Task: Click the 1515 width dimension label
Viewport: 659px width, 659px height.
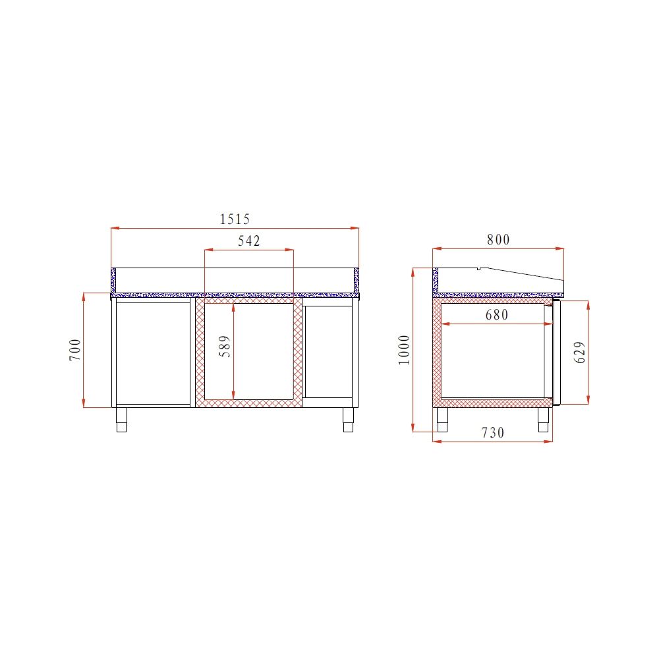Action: (236, 219)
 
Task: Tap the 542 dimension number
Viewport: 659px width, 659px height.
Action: (249, 241)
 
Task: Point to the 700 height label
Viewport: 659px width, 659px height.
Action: (75, 349)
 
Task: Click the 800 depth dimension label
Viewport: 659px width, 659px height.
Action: (498, 240)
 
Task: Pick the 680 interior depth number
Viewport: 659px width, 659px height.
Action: (497, 315)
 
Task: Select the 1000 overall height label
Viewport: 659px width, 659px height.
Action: (405, 349)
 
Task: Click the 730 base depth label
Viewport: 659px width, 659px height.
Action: (492, 433)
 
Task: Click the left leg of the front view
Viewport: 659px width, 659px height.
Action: (122, 420)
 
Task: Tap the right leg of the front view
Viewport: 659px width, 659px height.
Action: (348, 420)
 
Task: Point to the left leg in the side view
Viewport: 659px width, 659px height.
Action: (443, 420)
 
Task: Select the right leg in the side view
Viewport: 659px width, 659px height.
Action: (544, 420)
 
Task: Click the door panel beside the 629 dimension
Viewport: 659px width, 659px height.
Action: (556, 352)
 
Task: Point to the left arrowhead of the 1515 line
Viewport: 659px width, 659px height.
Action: (114, 229)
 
